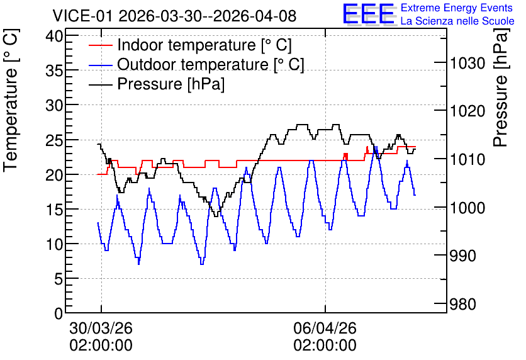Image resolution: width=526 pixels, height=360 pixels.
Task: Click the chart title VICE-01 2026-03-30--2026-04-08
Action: [x=174, y=16]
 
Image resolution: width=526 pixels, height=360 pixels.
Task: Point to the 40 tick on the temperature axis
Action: [x=54, y=36]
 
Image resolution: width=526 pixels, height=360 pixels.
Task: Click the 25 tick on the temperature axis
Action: [x=54, y=140]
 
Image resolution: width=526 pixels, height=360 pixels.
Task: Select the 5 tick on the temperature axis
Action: [x=59, y=278]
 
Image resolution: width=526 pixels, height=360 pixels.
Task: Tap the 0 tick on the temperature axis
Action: [x=59, y=313]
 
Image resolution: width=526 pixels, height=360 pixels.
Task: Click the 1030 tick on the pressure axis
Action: [x=467, y=63]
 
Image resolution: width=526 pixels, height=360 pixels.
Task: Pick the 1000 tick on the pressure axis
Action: [x=467, y=208]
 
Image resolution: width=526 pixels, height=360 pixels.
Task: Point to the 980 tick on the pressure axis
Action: [x=462, y=305]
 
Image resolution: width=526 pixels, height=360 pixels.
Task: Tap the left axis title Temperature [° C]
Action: [x=11, y=101]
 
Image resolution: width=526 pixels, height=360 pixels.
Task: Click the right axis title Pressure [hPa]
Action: [x=501, y=87]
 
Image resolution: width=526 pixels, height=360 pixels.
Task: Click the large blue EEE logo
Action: [x=369, y=14]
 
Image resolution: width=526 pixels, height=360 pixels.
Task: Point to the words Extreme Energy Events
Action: [x=457, y=8]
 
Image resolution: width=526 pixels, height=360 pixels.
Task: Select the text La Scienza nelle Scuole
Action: [x=457, y=21]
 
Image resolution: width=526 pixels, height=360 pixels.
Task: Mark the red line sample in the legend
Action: [x=100, y=45]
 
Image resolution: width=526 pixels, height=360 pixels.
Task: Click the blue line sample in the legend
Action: [x=100, y=65]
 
